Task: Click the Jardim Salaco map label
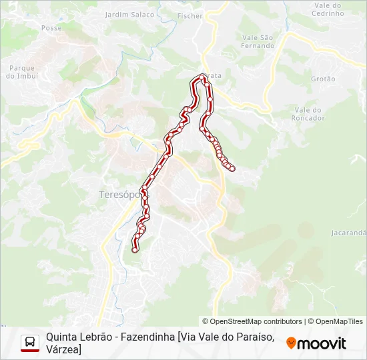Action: point(129,15)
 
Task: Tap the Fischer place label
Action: point(190,15)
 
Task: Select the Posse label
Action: point(51,28)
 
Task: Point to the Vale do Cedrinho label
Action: point(327,9)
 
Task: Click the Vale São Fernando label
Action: point(258,42)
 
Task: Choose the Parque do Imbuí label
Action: point(21,71)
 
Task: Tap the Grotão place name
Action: point(323,79)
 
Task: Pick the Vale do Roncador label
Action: point(308,114)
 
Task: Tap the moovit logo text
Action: point(322,343)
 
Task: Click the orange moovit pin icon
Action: point(291,343)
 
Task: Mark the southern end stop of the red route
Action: point(135,251)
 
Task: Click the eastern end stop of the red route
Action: point(232,169)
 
